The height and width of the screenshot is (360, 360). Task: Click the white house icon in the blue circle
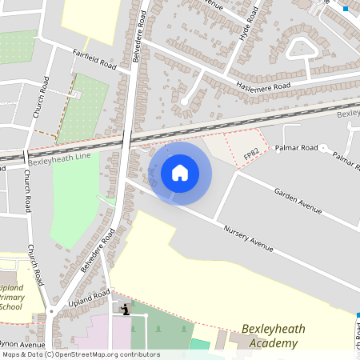click(180, 173)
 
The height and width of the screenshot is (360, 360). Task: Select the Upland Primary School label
click(11, 296)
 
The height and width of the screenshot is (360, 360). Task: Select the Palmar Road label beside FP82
click(297, 148)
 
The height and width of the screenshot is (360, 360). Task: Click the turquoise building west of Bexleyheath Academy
click(199, 345)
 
